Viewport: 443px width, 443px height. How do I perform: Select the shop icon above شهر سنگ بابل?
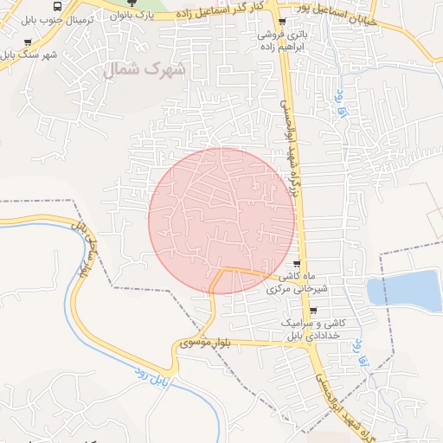[29, 42]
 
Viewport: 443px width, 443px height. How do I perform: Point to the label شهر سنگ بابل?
[29, 55]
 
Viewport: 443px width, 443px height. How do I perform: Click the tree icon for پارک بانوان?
[132, 3]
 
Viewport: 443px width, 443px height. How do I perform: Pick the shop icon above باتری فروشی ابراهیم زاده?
[281, 22]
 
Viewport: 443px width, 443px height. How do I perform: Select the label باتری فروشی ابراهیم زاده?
[281, 40]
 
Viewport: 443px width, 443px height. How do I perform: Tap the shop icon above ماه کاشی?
[299, 265]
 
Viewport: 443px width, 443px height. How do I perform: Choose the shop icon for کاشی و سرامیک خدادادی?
[312, 311]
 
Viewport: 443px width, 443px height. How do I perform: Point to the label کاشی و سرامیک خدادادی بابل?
[315, 329]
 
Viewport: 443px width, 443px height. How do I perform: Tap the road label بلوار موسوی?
[205, 343]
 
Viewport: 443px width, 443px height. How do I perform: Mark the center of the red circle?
[222, 221]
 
